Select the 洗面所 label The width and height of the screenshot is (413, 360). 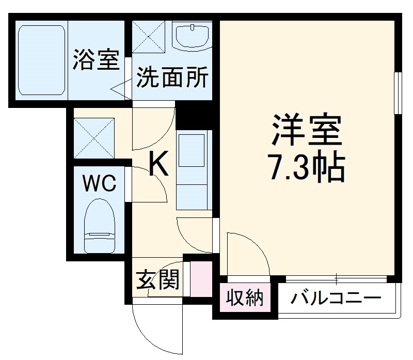click(172, 78)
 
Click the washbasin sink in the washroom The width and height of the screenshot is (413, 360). click(192, 37)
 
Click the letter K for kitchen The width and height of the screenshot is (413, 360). click(158, 165)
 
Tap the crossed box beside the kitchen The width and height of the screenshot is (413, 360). click(93, 137)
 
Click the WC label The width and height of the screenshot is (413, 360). click(100, 183)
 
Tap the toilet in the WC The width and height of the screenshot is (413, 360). click(100, 226)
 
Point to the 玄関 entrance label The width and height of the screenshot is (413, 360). click(157, 281)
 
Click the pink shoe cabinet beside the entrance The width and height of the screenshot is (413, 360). click(201, 279)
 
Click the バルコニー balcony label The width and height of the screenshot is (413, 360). click(336, 299)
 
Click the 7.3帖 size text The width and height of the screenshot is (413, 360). click(307, 166)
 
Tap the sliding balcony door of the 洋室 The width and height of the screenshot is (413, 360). click(336, 279)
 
